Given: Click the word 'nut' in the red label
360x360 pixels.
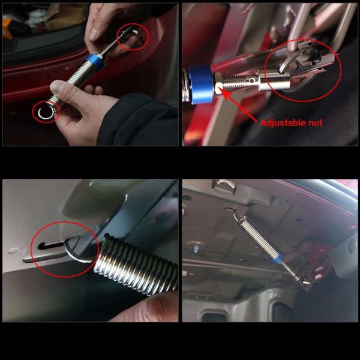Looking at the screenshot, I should (x=316, y=122).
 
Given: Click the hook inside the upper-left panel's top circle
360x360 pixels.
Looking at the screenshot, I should (x=136, y=37).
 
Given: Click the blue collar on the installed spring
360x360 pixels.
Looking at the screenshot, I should (x=277, y=259).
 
